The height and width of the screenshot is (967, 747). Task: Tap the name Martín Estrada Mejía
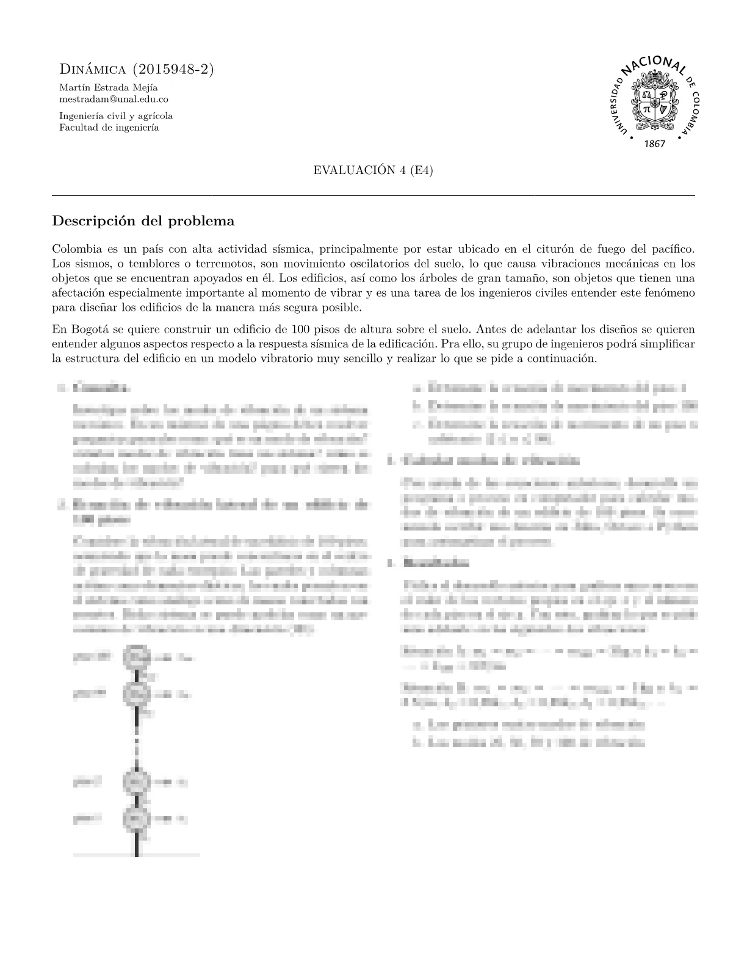tap(108, 87)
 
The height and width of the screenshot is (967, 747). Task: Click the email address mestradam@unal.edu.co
tap(114, 98)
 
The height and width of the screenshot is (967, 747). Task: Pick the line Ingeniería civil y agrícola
tap(116, 116)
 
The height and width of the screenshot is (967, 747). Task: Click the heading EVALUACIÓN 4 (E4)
tap(373, 170)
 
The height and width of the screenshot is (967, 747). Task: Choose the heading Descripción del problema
tap(143, 221)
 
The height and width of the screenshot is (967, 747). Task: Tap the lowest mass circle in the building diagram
tap(136, 818)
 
